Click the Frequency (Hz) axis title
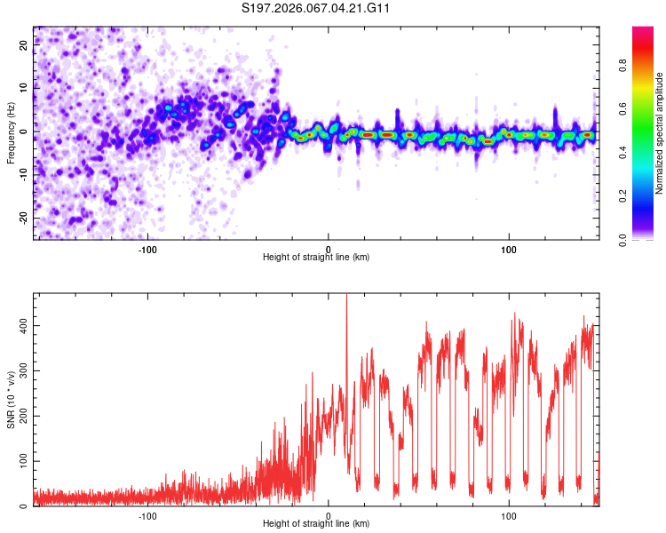[x=11, y=133]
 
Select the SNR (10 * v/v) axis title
[x=11, y=400]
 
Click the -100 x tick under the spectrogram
[x=147, y=249]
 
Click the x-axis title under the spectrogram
[x=316, y=258]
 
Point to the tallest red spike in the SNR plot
[x=346, y=298]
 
